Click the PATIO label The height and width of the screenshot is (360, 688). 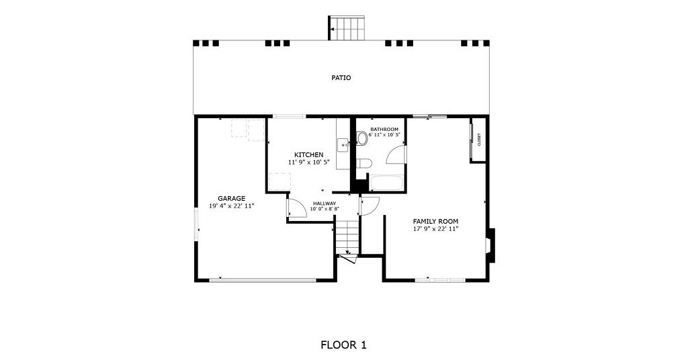(341, 78)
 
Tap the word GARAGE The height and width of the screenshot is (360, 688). (231, 199)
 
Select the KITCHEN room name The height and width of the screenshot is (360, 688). (308, 154)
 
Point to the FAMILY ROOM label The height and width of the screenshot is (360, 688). (435, 222)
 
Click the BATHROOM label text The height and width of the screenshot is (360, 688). (384, 130)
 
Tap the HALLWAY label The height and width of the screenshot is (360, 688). (325, 204)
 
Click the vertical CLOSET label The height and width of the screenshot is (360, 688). (479, 140)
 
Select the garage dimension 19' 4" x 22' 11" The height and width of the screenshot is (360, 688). (231, 206)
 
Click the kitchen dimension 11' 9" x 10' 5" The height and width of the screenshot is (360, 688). (308, 163)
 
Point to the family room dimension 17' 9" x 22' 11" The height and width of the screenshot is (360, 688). (435, 229)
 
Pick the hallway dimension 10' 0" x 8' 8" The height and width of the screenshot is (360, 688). (325, 209)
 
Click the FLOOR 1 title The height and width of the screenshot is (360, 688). (343, 345)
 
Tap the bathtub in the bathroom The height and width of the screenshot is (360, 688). (386, 183)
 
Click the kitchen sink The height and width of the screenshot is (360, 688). (343, 144)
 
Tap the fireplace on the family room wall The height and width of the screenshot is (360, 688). (490, 246)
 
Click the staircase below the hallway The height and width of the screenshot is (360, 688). (347, 238)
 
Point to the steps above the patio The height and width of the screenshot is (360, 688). (347, 28)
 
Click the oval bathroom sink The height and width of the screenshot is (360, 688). (362, 138)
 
